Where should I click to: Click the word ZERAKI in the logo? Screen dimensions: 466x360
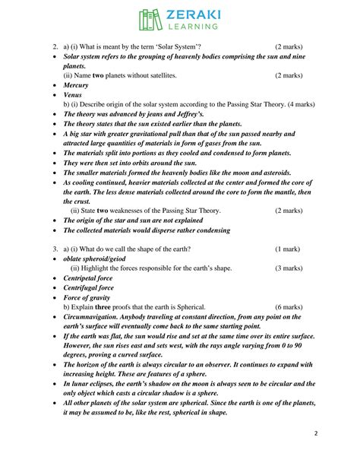(190, 14)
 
